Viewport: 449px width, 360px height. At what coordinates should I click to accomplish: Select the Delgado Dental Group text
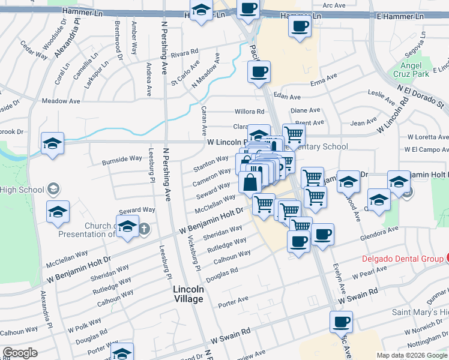tap(402, 259)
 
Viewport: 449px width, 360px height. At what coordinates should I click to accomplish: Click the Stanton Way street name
tap(211, 164)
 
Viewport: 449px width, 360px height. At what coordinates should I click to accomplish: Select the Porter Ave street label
tap(234, 300)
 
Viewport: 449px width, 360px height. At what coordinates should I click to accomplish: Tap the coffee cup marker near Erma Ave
tap(259, 73)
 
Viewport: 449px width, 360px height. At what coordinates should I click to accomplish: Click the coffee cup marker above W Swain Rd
tap(341, 322)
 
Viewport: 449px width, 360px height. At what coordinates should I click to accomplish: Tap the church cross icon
tap(144, 229)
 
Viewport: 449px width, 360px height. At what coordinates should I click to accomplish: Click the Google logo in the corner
tap(20, 353)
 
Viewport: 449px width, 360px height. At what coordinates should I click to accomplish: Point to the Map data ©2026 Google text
tap(411, 355)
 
